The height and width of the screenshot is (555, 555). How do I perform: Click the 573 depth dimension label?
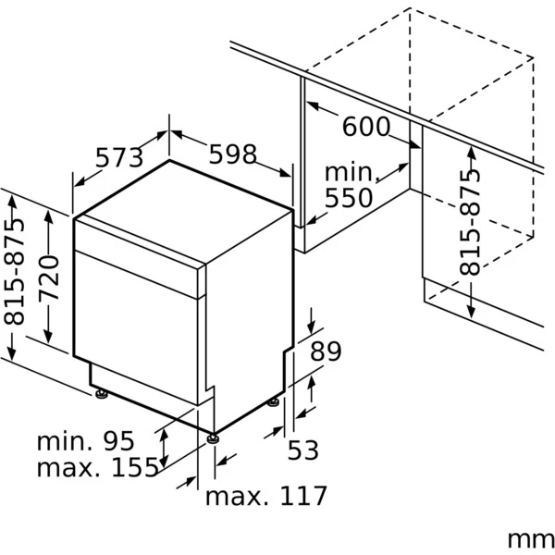(120, 158)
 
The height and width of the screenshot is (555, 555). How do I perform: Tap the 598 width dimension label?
(231, 154)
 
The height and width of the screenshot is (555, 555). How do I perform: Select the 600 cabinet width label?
(366, 126)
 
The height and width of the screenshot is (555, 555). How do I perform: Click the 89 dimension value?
(326, 351)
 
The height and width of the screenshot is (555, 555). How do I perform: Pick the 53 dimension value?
(302, 450)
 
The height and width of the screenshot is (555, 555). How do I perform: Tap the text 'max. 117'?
(266, 496)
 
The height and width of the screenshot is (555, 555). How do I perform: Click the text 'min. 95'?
(85, 440)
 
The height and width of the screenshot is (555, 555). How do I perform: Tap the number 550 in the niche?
(348, 198)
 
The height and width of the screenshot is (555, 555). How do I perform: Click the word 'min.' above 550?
(351, 173)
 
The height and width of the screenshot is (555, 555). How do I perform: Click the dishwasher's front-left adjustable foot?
(100, 395)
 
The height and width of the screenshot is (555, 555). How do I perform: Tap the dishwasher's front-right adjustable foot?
(214, 438)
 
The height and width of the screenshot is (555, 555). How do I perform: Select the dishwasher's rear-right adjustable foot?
(275, 401)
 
